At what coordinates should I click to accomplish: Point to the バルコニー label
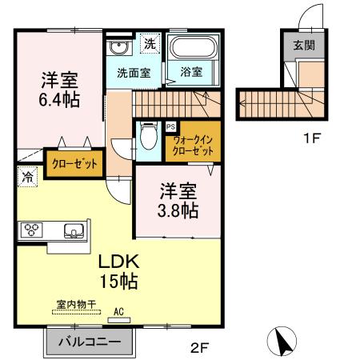[x=89, y=342]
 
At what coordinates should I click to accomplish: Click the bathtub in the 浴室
[x=194, y=50]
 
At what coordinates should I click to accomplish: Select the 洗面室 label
[x=134, y=72]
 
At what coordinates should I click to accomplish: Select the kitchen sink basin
[x=73, y=231]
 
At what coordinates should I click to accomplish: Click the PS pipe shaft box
[x=170, y=126]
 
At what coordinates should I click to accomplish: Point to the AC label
[x=118, y=313]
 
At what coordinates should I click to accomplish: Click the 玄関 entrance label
[x=303, y=45]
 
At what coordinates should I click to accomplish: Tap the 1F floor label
[x=311, y=138]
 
